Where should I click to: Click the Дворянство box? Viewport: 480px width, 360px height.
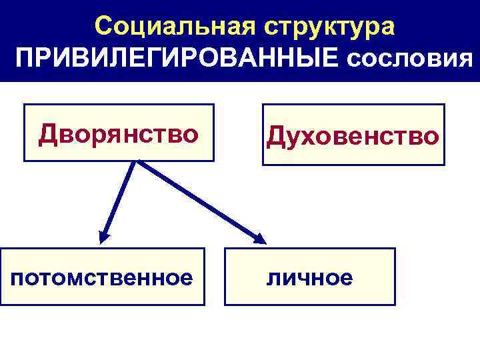pyautogui.click(x=119, y=133)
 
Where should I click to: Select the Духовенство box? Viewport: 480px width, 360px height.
pyautogui.click(x=353, y=135)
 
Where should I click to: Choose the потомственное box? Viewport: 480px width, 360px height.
pyautogui.click(x=102, y=276)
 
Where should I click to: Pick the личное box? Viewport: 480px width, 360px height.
pyautogui.click(x=310, y=277)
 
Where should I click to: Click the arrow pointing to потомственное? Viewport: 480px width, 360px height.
pyautogui.click(x=119, y=200)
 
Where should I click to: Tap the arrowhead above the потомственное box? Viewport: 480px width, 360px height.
pyautogui.click(x=104, y=236)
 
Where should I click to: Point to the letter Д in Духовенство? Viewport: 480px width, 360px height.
pyautogui.click(x=276, y=136)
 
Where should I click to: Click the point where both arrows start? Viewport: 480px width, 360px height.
pyautogui.click(x=137, y=162)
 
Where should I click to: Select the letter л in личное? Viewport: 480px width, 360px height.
pyautogui.click(x=273, y=278)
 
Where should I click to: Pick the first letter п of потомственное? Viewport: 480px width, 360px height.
pyautogui.click(x=17, y=277)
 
